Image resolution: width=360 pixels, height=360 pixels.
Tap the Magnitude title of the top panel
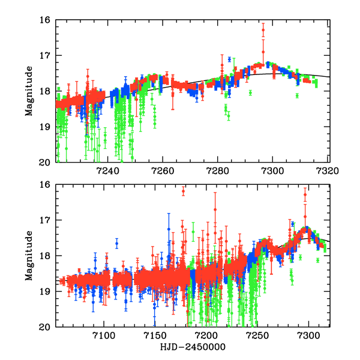pos(29,91)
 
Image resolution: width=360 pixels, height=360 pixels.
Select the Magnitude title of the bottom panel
pos(29,256)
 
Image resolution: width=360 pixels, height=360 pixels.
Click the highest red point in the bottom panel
pos(184,191)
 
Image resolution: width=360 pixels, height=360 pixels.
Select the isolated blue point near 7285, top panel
pos(230,59)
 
